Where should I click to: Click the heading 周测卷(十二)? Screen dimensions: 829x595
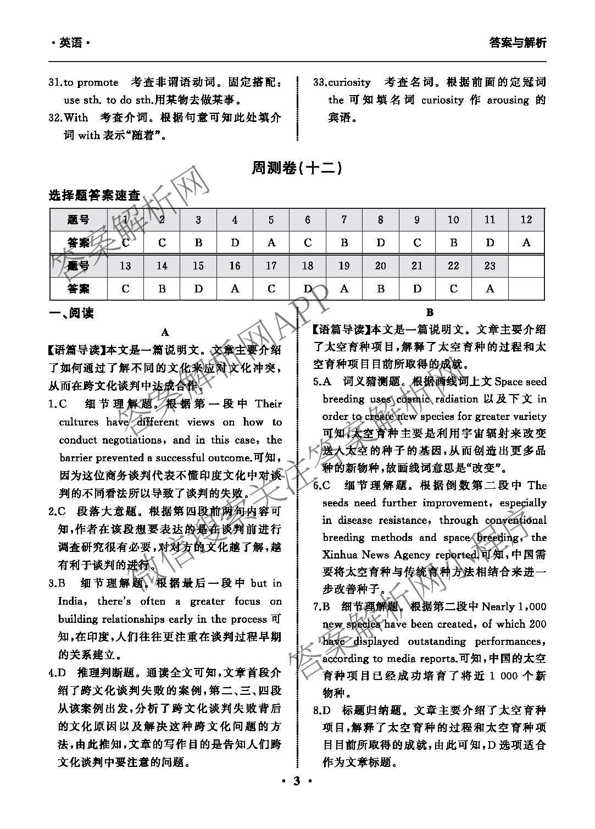coord(297,168)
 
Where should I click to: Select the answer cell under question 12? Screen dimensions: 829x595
coord(526,242)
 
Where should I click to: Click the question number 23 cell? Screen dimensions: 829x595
coord(490,266)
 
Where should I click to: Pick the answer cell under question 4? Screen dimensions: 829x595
coord(235,242)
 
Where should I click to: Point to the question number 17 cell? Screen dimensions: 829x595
coord(271,266)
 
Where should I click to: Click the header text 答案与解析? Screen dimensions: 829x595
coord(517,43)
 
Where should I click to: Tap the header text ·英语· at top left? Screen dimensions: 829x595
coord(70,43)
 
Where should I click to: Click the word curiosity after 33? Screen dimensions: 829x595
coord(349,82)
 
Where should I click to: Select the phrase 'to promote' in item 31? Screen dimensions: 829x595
coord(91,82)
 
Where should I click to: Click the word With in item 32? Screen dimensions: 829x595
coord(76,117)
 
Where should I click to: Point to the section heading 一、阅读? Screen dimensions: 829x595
coord(71,313)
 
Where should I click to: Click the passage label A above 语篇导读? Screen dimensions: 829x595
coord(165,332)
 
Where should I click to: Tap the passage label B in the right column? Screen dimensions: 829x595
coord(430,313)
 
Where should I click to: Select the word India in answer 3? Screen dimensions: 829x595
coord(71,601)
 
